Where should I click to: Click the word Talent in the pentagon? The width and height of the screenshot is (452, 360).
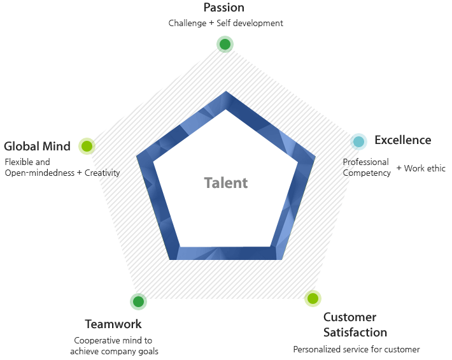(x=226, y=183)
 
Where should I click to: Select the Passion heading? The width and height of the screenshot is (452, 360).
(x=223, y=8)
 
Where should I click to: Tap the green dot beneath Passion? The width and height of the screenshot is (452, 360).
(x=224, y=44)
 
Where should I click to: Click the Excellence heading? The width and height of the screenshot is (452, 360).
(x=402, y=140)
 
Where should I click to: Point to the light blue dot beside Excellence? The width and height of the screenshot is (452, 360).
(x=359, y=141)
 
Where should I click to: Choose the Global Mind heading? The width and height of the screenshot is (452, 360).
(x=37, y=147)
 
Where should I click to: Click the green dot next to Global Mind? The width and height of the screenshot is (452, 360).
(x=87, y=147)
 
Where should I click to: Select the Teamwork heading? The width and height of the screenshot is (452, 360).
(x=113, y=324)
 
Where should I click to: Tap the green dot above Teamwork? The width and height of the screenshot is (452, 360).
(x=138, y=301)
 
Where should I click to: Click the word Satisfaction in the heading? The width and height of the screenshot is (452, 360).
(x=355, y=333)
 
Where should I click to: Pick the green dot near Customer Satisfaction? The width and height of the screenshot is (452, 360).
(x=312, y=298)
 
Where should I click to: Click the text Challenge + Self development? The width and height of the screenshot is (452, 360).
(x=225, y=24)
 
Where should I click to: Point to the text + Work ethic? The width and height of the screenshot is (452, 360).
(x=421, y=168)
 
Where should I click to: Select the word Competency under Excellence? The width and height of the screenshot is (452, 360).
(x=367, y=173)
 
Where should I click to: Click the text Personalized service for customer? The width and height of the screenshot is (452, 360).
(x=357, y=349)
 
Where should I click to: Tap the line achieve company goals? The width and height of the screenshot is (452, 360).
(x=114, y=351)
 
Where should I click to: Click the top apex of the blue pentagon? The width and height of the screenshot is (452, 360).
(x=226, y=94)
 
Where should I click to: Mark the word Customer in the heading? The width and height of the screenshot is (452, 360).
(x=350, y=317)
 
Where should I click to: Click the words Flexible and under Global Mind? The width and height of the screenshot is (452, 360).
(x=27, y=162)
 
